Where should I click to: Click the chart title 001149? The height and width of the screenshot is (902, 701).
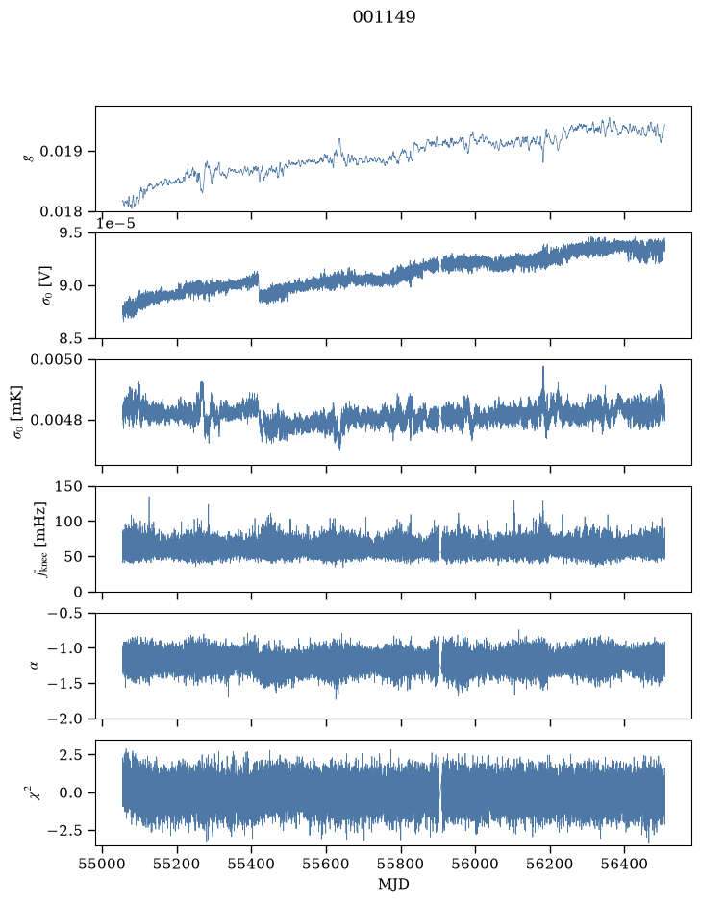384,17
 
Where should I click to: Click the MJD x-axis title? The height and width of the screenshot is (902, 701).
393,884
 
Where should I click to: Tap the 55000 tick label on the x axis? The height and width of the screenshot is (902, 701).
103,865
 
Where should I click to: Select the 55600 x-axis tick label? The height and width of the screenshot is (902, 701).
326,865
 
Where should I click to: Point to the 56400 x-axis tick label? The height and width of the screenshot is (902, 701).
625,865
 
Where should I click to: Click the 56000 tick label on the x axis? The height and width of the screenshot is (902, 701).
476,865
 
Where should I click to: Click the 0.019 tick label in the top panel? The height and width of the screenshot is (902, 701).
61,152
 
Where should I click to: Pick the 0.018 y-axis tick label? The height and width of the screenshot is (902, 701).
61,212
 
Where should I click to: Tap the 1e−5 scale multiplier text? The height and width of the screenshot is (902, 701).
115,223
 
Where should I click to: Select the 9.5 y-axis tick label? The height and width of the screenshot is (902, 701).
70,233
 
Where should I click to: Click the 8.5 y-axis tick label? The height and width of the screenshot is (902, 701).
70,338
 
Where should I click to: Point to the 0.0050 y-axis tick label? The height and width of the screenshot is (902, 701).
57,359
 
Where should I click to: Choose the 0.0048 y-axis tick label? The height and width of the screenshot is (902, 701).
57,420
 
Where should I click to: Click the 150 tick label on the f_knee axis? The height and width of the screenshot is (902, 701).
68,486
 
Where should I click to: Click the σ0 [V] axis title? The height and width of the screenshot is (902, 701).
47,285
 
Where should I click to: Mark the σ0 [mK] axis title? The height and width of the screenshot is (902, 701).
17,412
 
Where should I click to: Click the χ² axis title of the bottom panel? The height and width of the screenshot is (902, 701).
37,792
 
